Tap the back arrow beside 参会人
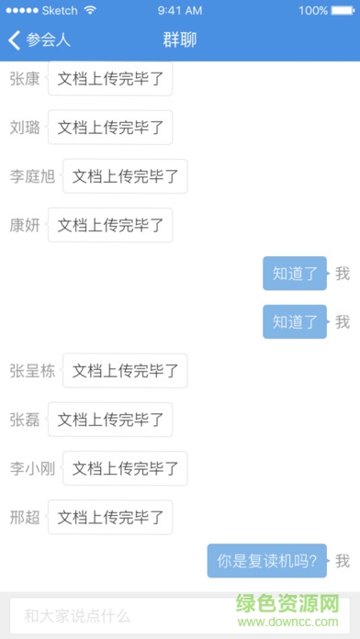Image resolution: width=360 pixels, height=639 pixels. click(14, 40)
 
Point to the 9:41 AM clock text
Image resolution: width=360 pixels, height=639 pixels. click(180, 11)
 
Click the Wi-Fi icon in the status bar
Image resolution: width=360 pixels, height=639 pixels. click(89, 11)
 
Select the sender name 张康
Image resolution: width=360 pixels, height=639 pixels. click(25, 78)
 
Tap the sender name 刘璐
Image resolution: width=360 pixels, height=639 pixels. click(25, 127)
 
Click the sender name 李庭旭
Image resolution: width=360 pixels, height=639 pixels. click(32, 175)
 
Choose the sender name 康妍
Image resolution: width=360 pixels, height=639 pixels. click(25, 224)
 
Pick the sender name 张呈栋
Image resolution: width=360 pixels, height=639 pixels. click(32, 371)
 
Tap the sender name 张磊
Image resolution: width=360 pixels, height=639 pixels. click(25, 420)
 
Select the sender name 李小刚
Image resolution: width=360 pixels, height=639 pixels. click(32, 468)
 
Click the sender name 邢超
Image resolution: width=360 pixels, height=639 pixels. click(25, 517)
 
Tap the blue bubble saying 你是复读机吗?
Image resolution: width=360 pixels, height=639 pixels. click(266, 560)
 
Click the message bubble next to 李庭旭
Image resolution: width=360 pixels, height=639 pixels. click(125, 175)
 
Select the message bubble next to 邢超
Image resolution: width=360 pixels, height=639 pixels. click(110, 517)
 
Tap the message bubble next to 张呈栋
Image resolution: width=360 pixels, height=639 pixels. click(125, 371)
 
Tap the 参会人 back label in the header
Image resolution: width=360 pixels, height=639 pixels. click(49, 40)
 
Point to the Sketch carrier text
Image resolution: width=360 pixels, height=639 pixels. click(59, 11)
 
